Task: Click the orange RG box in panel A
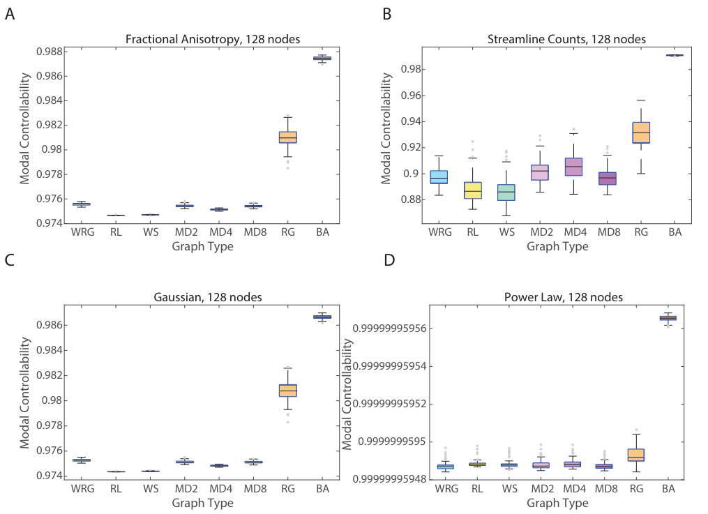pyautogui.click(x=287, y=137)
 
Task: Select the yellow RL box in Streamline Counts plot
pyautogui.click(x=473, y=190)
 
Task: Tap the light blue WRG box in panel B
pyautogui.click(x=439, y=177)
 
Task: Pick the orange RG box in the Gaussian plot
pyautogui.click(x=287, y=391)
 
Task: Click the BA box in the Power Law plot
pyautogui.click(x=668, y=318)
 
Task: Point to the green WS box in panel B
pyautogui.click(x=506, y=192)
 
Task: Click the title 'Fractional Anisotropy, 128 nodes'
pyautogui.click(x=213, y=39)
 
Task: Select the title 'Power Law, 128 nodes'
pyautogui.click(x=564, y=297)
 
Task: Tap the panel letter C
pyautogui.click(x=10, y=260)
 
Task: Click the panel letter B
pyautogui.click(x=387, y=14)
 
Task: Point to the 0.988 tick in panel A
pyautogui.click(x=50, y=52)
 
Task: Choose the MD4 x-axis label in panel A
pyautogui.click(x=221, y=232)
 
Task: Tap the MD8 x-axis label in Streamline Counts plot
pyautogui.click(x=609, y=232)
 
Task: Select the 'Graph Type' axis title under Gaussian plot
pyautogui.click(x=203, y=503)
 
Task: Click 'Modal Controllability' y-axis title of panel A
pyautogui.click(x=24, y=128)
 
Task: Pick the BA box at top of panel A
pyautogui.click(x=322, y=58)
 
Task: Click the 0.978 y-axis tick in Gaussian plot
pyautogui.click(x=50, y=425)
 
